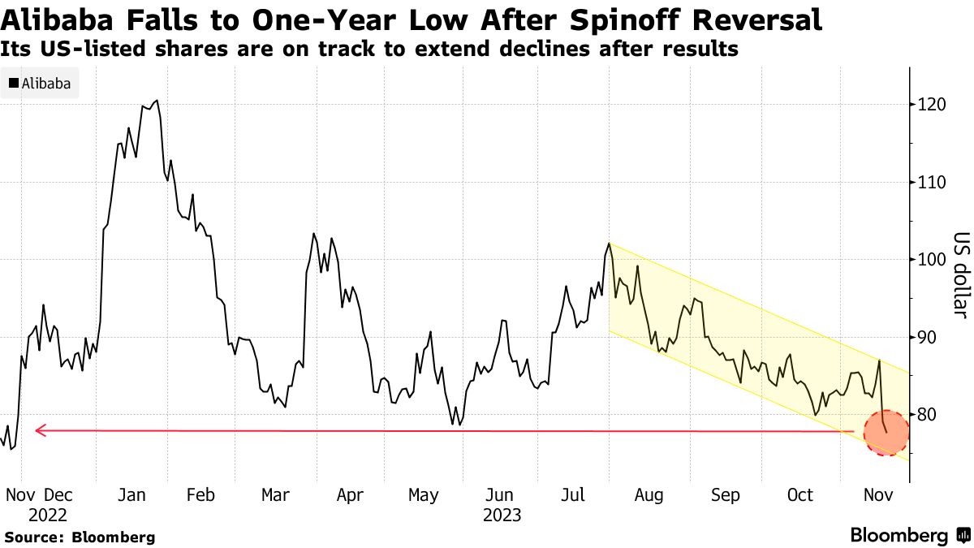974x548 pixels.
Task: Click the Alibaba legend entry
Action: [x=40, y=84]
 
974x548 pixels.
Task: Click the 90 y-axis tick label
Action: [x=927, y=338]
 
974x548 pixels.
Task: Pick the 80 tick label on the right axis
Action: [x=927, y=415]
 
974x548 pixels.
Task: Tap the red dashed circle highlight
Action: [x=886, y=432]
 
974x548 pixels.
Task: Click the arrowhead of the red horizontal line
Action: [x=39, y=430]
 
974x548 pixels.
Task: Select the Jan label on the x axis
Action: [x=131, y=495]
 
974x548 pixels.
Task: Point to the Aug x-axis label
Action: [x=649, y=495]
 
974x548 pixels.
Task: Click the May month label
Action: [x=424, y=495]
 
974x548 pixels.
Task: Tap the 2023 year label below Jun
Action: [x=502, y=516]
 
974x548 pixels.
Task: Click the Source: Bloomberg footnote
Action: [x=80, y=537]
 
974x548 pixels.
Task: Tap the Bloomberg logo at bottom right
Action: [x=909, y=536]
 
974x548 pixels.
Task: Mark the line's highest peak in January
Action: [x=156, y=101]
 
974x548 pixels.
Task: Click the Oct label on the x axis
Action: [x=800, y=495]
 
